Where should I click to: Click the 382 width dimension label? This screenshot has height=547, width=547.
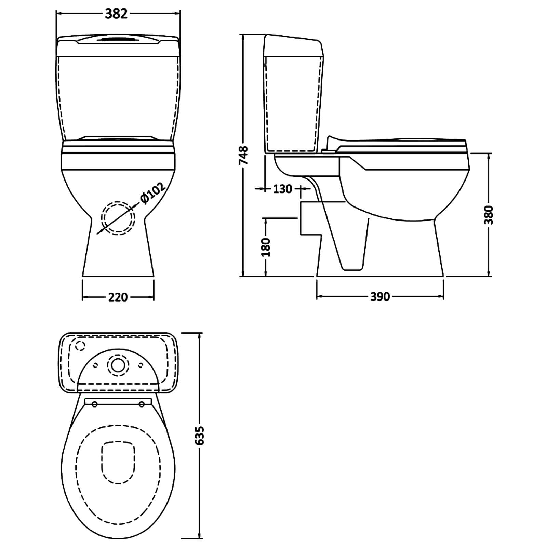tap(116, 14)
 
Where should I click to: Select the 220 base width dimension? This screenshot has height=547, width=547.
tap(118, 297)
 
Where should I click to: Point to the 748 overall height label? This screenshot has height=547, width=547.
tap(243, 156)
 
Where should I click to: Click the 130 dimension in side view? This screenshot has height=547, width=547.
tap(282, 189)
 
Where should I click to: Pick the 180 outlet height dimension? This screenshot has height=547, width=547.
tap(266, 247)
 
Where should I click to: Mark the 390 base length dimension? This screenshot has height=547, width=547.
tap(380, 296)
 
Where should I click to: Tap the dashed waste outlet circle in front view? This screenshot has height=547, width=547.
tap(118, 218)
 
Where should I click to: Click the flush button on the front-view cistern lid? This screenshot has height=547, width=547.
tap(118, 40)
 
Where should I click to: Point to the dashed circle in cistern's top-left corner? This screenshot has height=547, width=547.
tap(80, 346)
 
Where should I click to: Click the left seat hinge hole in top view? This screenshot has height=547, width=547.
tap(95, 404)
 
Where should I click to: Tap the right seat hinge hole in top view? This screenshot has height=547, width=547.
tap(142, 404)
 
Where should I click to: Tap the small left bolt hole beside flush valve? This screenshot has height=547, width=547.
tap(96, 365)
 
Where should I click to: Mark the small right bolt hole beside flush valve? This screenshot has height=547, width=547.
tap(141, 365)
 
